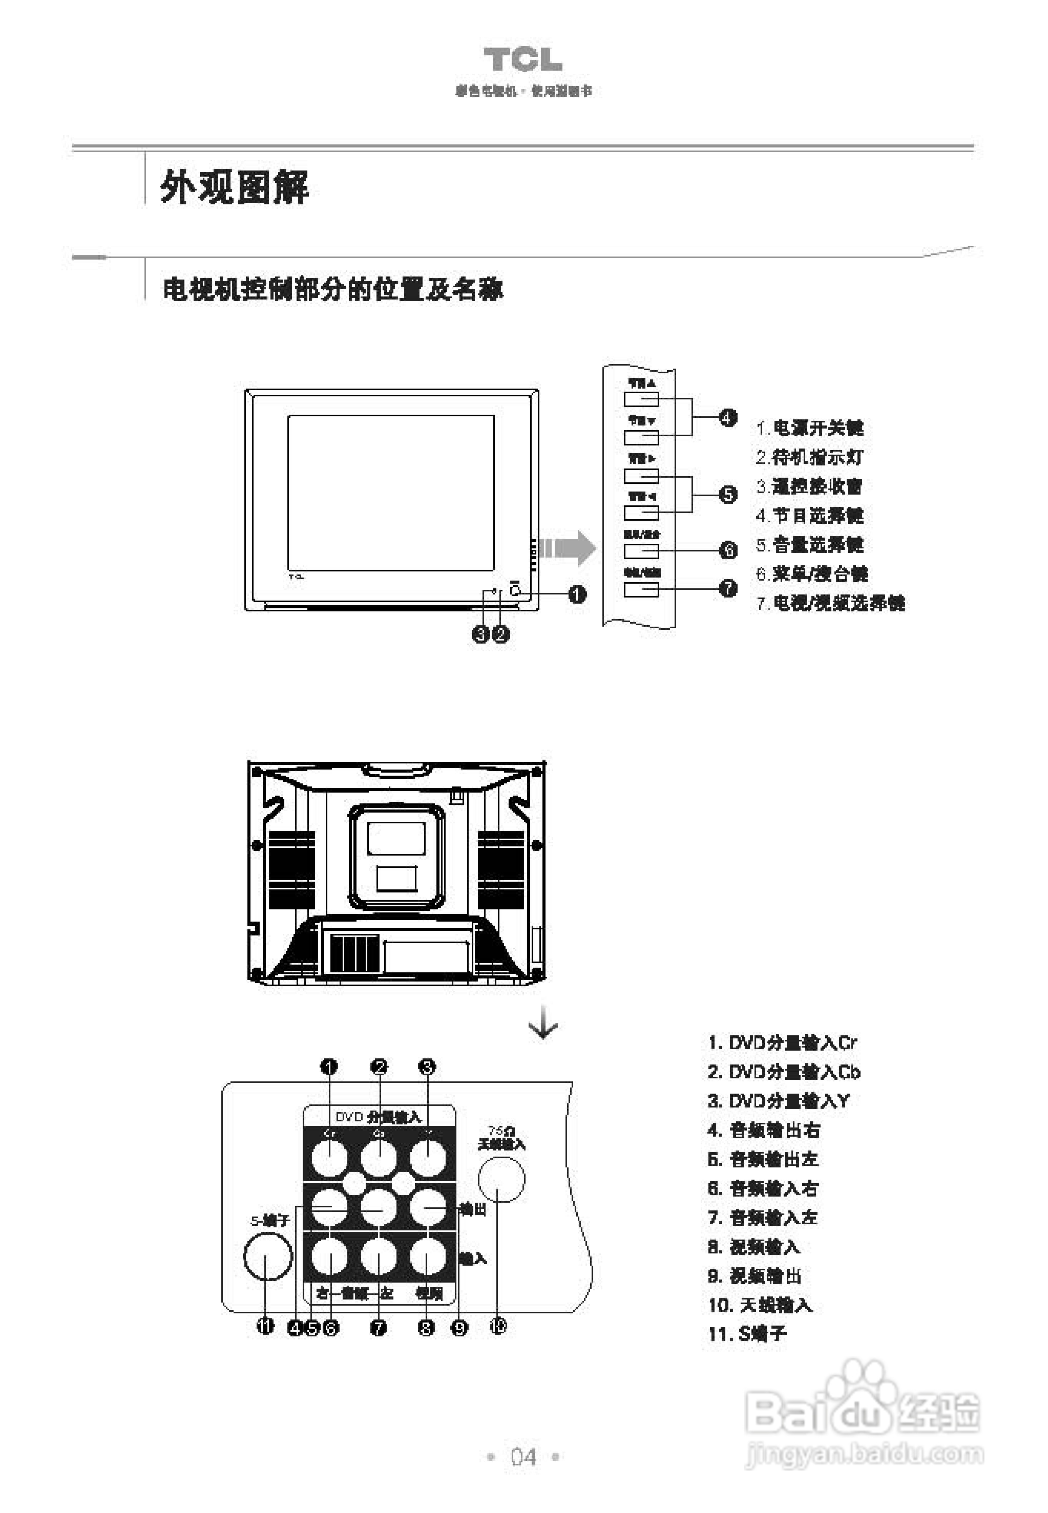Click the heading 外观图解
pyautogui.click(x=234, y=187)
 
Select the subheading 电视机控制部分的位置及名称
pyautogui.click(x=333, y=289)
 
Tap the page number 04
pyautogui.click(x=523, y=1457)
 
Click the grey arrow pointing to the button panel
pyautogui.click(x=567, y=547)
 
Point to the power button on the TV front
pyautogui.click(x=515, y=590)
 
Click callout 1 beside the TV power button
pyautogui.click(x=577, y=594)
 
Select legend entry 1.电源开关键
pyautogui.click(x=810, y=428)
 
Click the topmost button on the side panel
pyautogui.click(x=641, y=399)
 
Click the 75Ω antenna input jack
pyautogui.click(x=501, y=1179)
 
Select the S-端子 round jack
pyautogui.click(x=267, y=1255)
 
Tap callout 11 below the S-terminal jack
pyautogui.click(x=265, y=1327)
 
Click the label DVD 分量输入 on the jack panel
pyautogui.click(x=378, y=1117)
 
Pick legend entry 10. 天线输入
pyautogui.click(x=760, y=1305)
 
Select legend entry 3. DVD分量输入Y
pyautogui.click(x=779, y=1101)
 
